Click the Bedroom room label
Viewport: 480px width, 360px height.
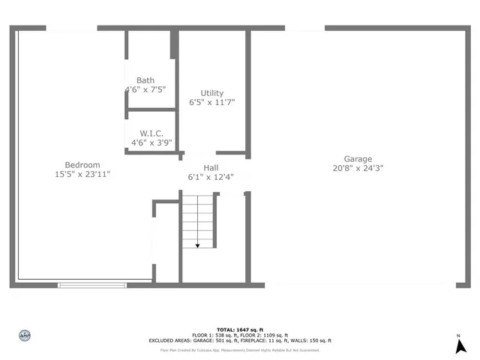82,165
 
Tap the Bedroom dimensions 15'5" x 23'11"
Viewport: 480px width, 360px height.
82,174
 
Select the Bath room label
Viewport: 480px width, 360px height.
145,80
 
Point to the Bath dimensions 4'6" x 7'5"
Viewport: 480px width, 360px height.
145,89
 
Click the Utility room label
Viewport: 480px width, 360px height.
211,93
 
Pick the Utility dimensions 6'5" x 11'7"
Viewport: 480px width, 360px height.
211,102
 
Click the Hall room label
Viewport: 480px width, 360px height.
211,168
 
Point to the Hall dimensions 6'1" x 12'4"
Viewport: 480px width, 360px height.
211,177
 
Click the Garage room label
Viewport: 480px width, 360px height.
358,159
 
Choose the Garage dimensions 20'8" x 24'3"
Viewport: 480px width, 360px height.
358,168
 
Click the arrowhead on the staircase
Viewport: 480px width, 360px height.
198,244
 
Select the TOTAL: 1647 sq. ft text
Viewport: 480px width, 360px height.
239,330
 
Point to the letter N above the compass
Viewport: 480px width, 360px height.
459,336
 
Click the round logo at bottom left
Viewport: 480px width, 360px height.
24,335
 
